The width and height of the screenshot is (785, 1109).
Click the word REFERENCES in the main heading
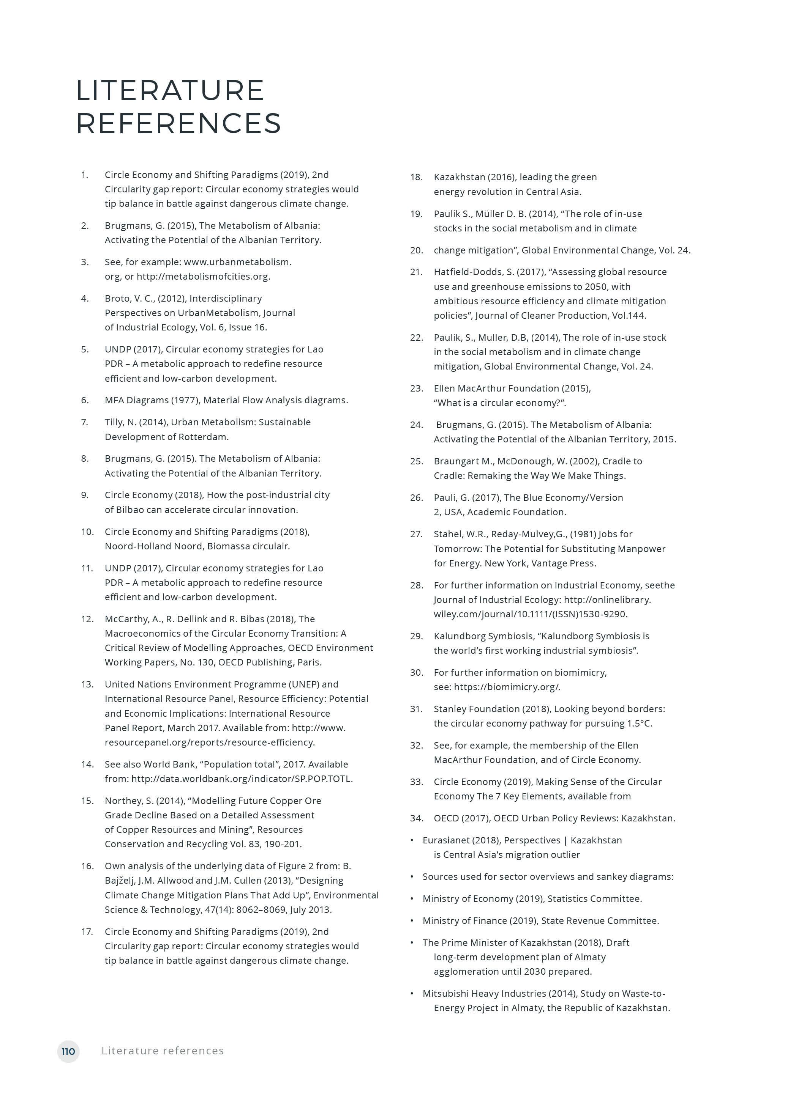click(179, 123)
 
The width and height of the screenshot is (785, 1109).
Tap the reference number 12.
click(87, 619)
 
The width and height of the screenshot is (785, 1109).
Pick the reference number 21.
click(416, 272)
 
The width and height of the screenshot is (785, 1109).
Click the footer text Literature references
click(163, 1051)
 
